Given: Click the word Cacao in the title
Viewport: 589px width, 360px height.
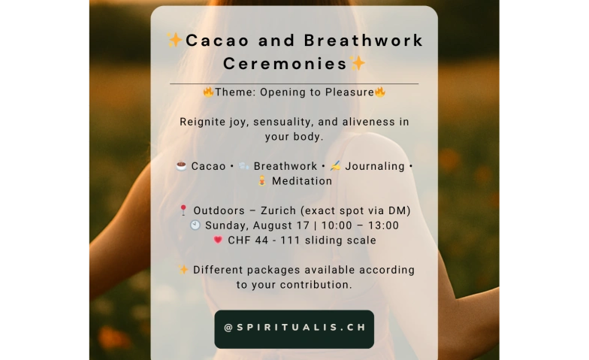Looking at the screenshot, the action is pyautogui.click(x=217, y=41).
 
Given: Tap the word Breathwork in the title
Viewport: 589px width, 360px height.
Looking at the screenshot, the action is pyautogui.click(x=364, y=41).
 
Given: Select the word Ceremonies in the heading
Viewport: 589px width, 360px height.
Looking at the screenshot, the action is pyautogui.click(x=285, y=63).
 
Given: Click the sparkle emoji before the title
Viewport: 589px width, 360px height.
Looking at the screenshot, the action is pyautogui.click(x=174, y=40).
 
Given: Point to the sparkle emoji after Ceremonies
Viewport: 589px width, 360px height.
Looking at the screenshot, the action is pyautogui.click(x=358, y=63).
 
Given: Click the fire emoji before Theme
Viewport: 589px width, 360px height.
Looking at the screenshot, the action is pyautogui.click(x=209, y=92).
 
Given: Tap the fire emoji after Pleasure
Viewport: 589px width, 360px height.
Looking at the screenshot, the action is pyautogui.click(x=380, y=92).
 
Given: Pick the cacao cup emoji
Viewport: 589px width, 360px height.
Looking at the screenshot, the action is pyautogui.click(x=182, y=165).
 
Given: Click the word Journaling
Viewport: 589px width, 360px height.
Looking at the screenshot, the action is pyautogui.click(x=375, y=167).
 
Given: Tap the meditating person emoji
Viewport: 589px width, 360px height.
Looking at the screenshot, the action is pyautogui.click(x=262, y=180).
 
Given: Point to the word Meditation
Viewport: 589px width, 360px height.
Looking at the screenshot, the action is pyautogui.click(x=302, y=181).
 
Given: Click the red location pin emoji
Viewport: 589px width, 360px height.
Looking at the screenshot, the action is pyautogui.click(x=183, y=210).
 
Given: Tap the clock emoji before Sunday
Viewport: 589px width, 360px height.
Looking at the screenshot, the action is pyautogui.click(x=195, y=225).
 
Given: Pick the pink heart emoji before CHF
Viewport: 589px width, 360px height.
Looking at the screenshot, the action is pyautogui.click(x=218, y=240).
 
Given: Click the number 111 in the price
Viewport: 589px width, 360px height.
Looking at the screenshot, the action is pyautogui.click(x=290, y=241).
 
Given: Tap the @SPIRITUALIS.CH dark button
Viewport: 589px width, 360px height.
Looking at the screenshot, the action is pyautogui.click(x=294, y=329).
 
